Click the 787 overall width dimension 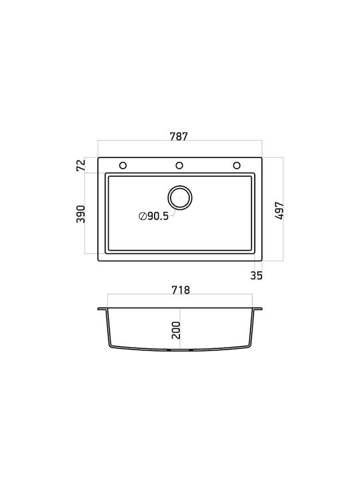click(x=179, y=137)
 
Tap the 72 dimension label click(x=81, y=165)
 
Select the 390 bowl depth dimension click(x=81, y=214)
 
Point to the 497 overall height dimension click(x=279, y=211)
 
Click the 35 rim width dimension click(x=257, y=275)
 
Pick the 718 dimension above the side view click(x=181, y=290)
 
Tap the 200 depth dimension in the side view click(x=176, y=330)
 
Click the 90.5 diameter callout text click(x=158, y=216)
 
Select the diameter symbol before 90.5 click(x=143, y=216)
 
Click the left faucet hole click(x=123, y=165)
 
